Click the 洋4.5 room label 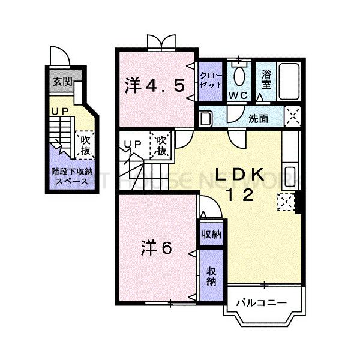(x=154, y=86)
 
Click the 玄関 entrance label (x=58, y=82)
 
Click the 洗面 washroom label (x=259, y=118)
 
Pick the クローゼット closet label (x=209, y=80)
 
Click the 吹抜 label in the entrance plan (x=85, y=146)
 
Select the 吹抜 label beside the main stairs (x=161, y=146)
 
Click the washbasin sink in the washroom (x=205, y=118)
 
